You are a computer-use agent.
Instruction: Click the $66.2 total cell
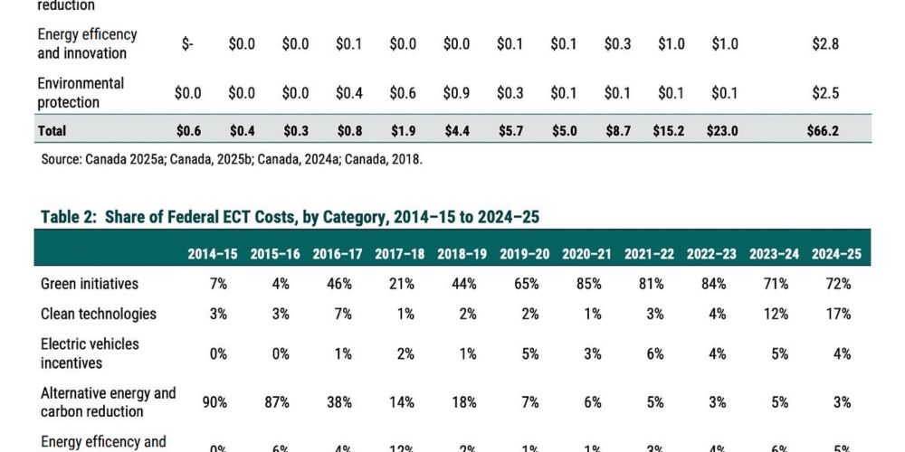point(823,131)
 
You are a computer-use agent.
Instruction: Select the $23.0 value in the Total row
point(723,131)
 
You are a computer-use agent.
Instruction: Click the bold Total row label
point(52,131)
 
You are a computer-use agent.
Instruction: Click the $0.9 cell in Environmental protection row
point(456,93)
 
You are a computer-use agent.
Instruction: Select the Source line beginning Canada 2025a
point(232,159)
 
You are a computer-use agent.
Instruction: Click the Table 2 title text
point(291,217)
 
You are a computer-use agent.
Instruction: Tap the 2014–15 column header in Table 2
point(213,254)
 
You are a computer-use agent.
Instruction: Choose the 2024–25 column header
point(837,254)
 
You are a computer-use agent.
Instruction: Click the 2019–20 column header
point(525,254)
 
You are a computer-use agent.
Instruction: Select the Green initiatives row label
point(90,284)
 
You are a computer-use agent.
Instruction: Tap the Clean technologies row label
point(99,314)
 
